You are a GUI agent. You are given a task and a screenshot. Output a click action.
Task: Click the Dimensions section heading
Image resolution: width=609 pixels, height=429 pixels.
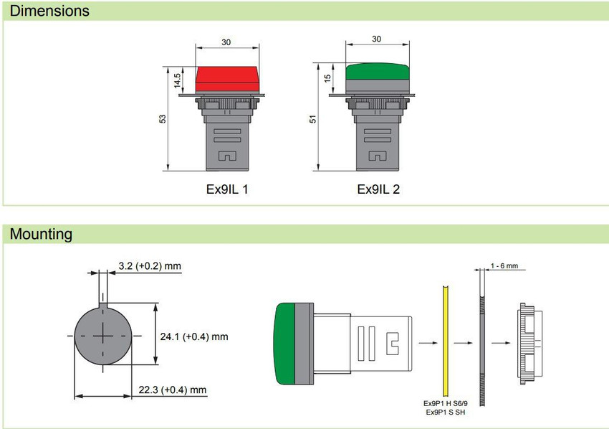click(49, 11)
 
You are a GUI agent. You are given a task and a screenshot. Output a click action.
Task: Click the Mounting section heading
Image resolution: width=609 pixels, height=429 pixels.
click(41, 234)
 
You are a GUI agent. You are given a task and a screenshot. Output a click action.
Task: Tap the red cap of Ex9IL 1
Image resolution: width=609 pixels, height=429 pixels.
click(227, 79)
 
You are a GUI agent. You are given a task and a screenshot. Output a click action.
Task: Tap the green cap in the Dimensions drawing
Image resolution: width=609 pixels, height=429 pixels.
click(377, 72)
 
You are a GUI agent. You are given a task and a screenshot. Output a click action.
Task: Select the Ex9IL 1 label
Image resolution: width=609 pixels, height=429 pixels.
click(227, 189)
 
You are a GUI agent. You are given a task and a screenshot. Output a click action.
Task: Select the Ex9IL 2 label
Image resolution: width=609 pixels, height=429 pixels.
click(378, 189)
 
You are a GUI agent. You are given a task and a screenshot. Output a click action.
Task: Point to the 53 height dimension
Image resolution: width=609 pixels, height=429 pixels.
click(163, 118)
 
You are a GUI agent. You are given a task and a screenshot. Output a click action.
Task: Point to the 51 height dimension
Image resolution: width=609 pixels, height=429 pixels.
click(312, 119)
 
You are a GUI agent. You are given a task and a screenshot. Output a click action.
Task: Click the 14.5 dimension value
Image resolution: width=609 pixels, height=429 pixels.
click(177, 80)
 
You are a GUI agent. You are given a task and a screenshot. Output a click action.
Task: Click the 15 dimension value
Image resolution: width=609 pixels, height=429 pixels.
click(327, 77)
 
